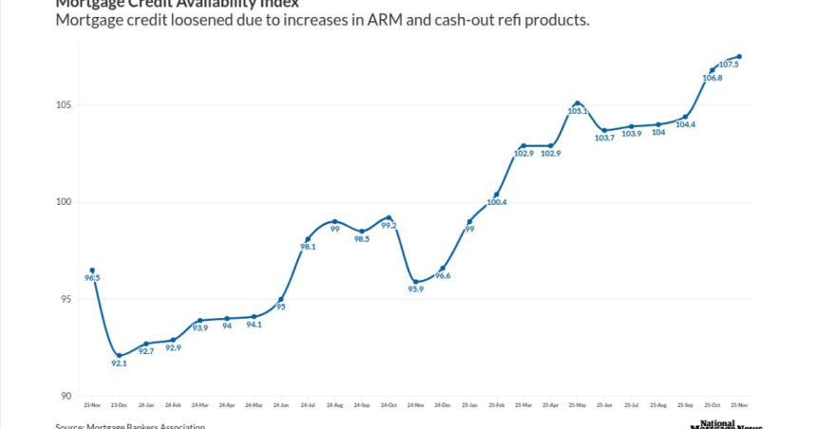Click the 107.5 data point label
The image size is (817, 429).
click(730, 65)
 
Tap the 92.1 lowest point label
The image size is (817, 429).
click(119, 364)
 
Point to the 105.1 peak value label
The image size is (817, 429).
click(577, 111)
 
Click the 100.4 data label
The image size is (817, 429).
click(497, 202)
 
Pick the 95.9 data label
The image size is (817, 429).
click(416, 289)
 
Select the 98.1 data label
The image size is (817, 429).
click(309, 247)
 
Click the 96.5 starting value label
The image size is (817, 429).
click(92, 277)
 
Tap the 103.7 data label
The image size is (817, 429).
click(604, 138)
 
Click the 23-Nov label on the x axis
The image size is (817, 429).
click(92, 405)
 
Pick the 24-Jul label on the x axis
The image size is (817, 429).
click(308, 405)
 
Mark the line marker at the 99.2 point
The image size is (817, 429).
click(389, 217)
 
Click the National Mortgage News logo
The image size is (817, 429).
click(731, 424)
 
